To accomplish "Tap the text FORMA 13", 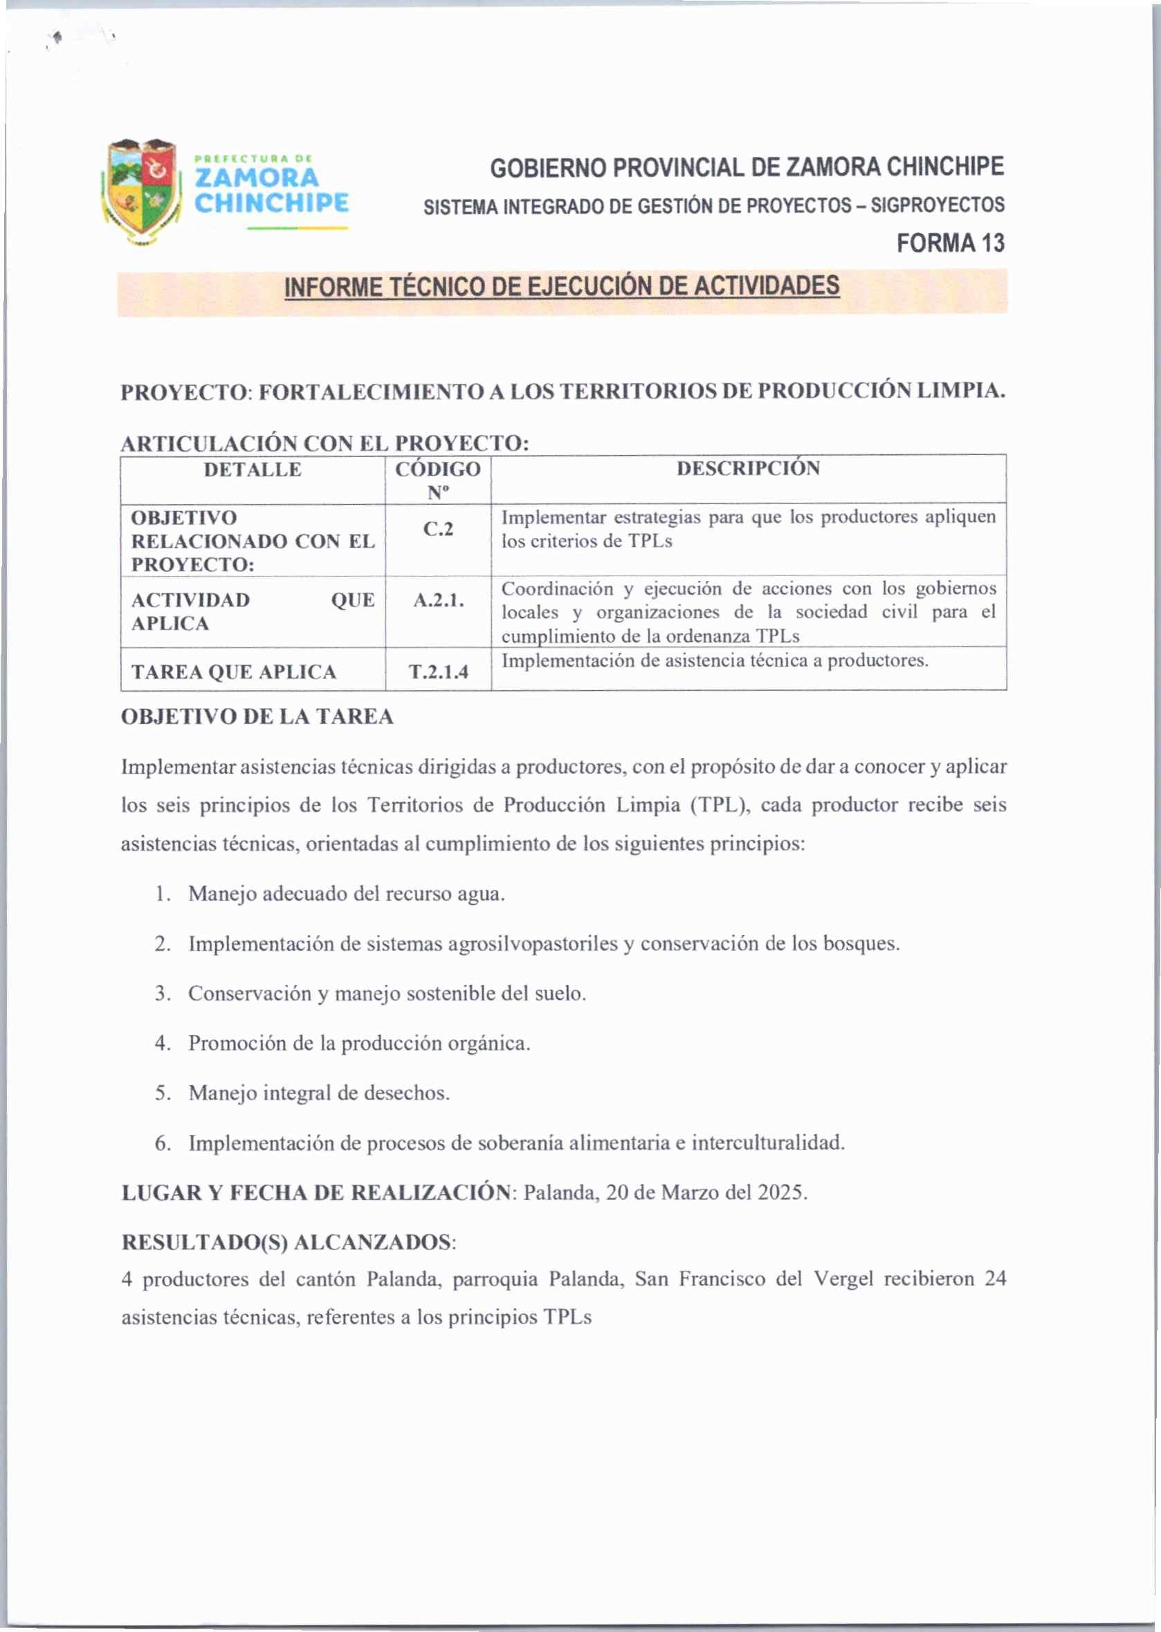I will pyautogui.click(x=950, y=243).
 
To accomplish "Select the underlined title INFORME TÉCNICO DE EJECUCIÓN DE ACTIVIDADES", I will pyautogui.click(x=561, y=286).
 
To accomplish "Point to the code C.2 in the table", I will pyautogui.click(x=437, y=530).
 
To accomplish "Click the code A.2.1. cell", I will pyautogui.click(x=438, y=600).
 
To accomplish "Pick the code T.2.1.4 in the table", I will pyautogui.click(x=438, y=672).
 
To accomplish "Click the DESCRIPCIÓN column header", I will pyautogui.click(x=748, y=469).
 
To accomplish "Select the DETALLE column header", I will pyautogui.click(x=253, y=470).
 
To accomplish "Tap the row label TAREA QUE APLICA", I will pyautogui.click(x=234, y=672).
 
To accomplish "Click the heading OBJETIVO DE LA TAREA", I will pyautogui.click(x=257, y=716).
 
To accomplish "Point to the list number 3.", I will pyautogui.click(x=163, y=994).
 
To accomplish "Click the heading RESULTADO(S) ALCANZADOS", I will pyautogui.click(x=286, y=1243).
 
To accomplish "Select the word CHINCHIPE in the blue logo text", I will pyautogui.click(x=272, y=203).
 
